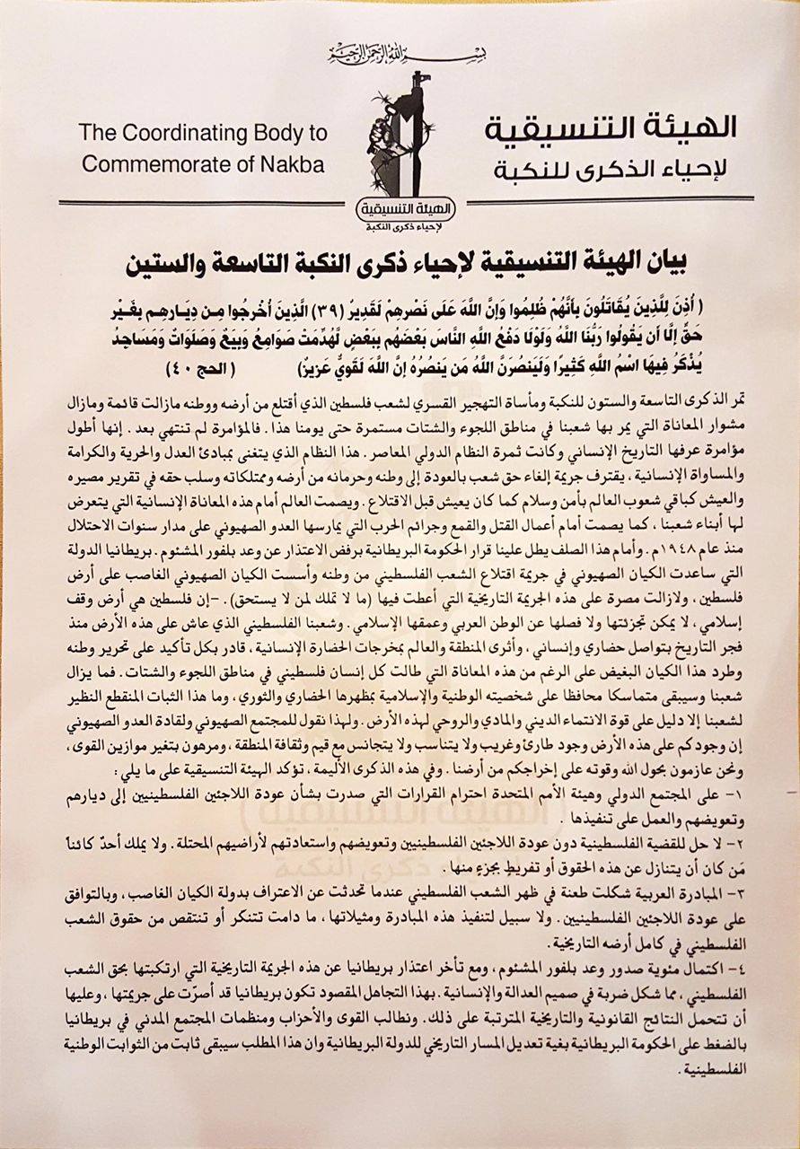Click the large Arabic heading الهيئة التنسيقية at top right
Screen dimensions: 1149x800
(x=611, y=127)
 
